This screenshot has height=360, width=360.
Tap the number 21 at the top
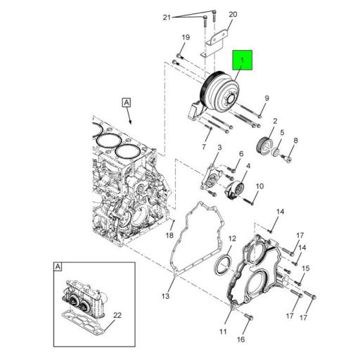pos(167,17)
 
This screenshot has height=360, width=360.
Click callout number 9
pos(266,98)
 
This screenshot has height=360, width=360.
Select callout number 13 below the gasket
pos(166,296)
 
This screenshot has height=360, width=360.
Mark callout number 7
pos(205,148)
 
